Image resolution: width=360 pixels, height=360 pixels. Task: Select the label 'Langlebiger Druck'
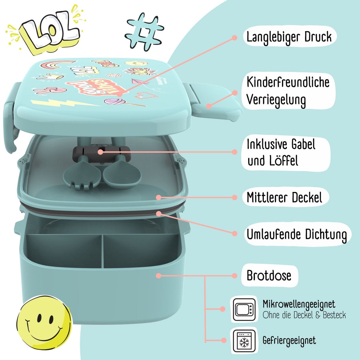289,37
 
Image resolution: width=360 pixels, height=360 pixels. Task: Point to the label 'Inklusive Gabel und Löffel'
281,152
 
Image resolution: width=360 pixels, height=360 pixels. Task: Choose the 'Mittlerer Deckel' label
284,197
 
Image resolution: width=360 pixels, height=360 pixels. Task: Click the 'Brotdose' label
269,275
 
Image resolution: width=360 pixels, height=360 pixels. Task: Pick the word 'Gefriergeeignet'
289,340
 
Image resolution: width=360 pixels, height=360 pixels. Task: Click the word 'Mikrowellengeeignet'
299,304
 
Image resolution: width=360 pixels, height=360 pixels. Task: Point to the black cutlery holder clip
101,151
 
